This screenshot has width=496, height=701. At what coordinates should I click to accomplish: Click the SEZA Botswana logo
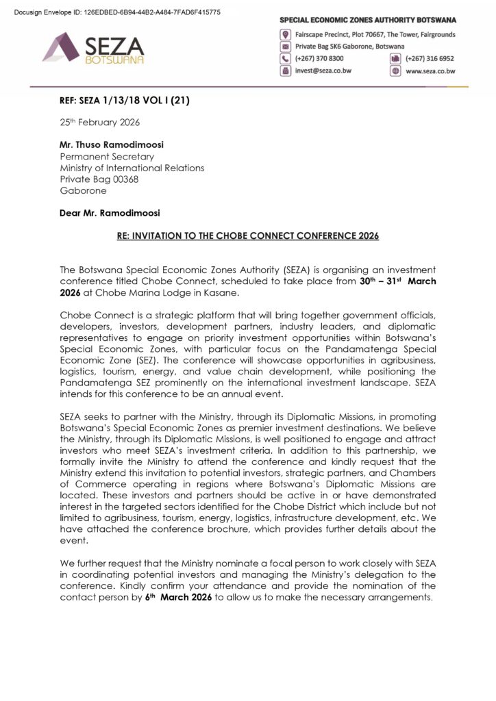pos(94,49)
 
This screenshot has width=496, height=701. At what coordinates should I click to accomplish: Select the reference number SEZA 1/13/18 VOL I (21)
pos(124,101)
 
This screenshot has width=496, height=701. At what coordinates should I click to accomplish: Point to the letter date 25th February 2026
pos(99,123)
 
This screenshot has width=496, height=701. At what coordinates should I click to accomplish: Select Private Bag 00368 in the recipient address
pos(99,179)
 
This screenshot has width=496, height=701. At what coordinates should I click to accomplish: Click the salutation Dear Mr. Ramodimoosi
pos(113,212)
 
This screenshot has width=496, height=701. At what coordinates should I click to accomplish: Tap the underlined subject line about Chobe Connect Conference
pos(247,235)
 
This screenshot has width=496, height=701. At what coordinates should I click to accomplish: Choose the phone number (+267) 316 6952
pos(430,58)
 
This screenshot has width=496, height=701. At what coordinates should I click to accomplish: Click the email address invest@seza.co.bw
pos(322,70)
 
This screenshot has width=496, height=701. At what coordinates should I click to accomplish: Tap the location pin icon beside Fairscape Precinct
pos(285,34)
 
